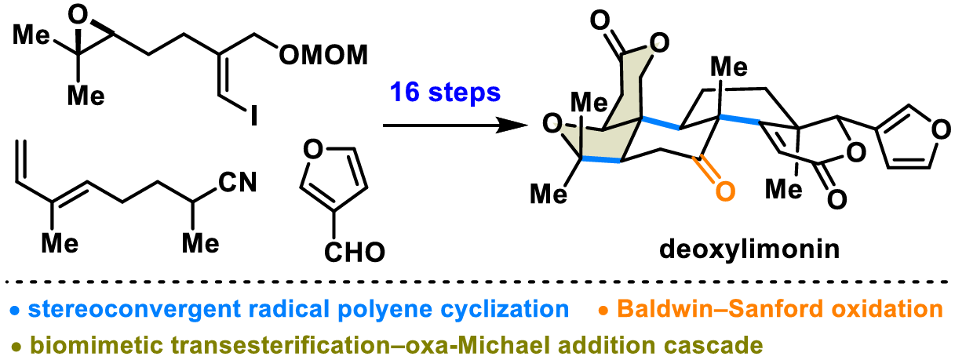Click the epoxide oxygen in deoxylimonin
click(x=552, y=124)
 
